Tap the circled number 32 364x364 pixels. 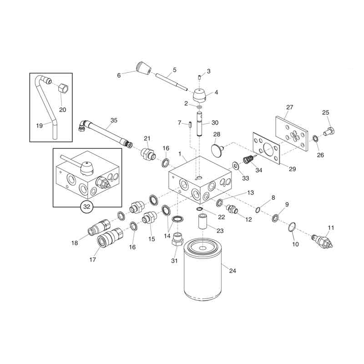(86, 207)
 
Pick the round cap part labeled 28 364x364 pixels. (217, 148)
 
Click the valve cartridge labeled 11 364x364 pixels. (322, 241)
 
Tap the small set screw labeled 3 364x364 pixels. (200, 77)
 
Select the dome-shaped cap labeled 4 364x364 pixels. (200, 95)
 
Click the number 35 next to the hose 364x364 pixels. (114, 120)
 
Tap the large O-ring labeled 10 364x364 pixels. (292, 227)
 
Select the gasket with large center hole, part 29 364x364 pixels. (266, 149)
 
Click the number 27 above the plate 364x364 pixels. (289, 107)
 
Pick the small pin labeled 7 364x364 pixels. (190, 124)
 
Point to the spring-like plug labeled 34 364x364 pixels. (248, 160)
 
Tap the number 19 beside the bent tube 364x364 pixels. (40, 126)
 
